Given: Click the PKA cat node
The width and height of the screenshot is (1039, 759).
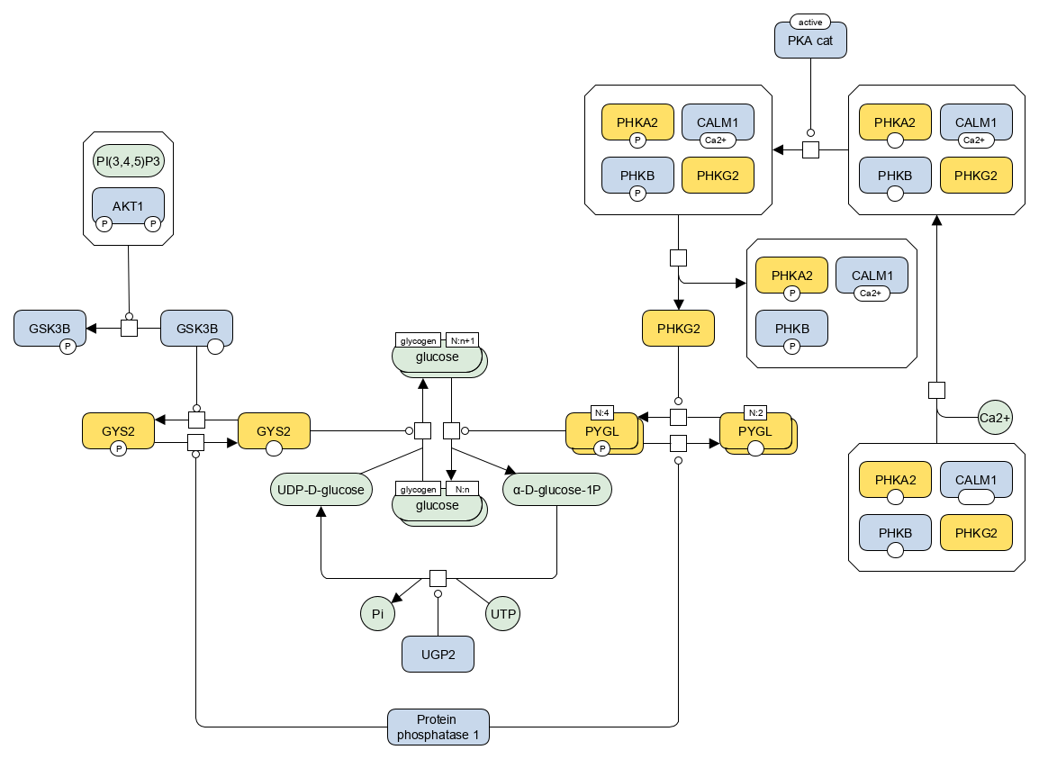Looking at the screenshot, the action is [810, 41].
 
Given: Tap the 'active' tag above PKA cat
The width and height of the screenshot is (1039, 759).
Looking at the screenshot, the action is [810, 22].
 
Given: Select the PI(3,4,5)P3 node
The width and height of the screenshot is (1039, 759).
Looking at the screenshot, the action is [129, 161].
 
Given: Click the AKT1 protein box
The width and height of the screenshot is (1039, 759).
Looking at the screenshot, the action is [128, 205].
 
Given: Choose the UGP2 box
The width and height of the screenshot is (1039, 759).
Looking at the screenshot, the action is [438, 655].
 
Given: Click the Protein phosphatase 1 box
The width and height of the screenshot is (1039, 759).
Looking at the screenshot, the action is [438, 727].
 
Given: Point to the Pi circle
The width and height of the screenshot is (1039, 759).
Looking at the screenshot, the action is [378, 614].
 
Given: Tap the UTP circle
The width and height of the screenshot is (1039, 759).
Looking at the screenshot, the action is [503, 614].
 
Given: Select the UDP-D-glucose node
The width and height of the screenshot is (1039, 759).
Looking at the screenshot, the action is [321, 490].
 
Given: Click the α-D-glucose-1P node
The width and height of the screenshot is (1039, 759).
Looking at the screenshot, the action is [556, 490].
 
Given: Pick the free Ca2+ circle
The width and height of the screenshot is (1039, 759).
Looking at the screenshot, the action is [995, 418].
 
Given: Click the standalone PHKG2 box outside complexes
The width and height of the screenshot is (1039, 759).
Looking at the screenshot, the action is [679, 328].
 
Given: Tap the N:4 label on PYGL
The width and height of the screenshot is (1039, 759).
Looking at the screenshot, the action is [601, 413].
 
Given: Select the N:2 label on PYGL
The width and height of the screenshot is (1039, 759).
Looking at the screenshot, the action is [755, 413].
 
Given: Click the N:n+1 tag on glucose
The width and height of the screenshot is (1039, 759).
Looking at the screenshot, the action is [463, 340].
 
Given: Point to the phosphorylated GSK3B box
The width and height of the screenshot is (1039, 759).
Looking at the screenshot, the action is [50, 328].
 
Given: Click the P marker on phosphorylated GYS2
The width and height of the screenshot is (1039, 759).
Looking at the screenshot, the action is [118, 448].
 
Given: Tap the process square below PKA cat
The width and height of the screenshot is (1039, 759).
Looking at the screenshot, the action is [810, 149].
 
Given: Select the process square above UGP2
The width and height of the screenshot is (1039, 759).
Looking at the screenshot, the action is [438, 578].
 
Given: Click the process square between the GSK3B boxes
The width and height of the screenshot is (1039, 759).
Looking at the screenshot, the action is [130, 328].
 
